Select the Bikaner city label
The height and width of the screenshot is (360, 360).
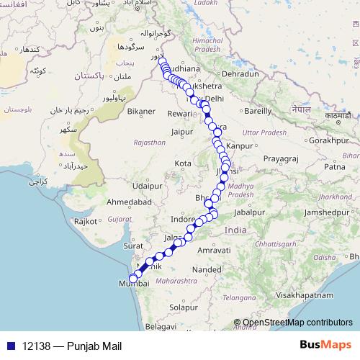[x=140, y=112]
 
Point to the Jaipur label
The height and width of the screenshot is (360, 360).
[x=184, y=132]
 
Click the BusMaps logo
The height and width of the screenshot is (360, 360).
[x=325, y=346]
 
